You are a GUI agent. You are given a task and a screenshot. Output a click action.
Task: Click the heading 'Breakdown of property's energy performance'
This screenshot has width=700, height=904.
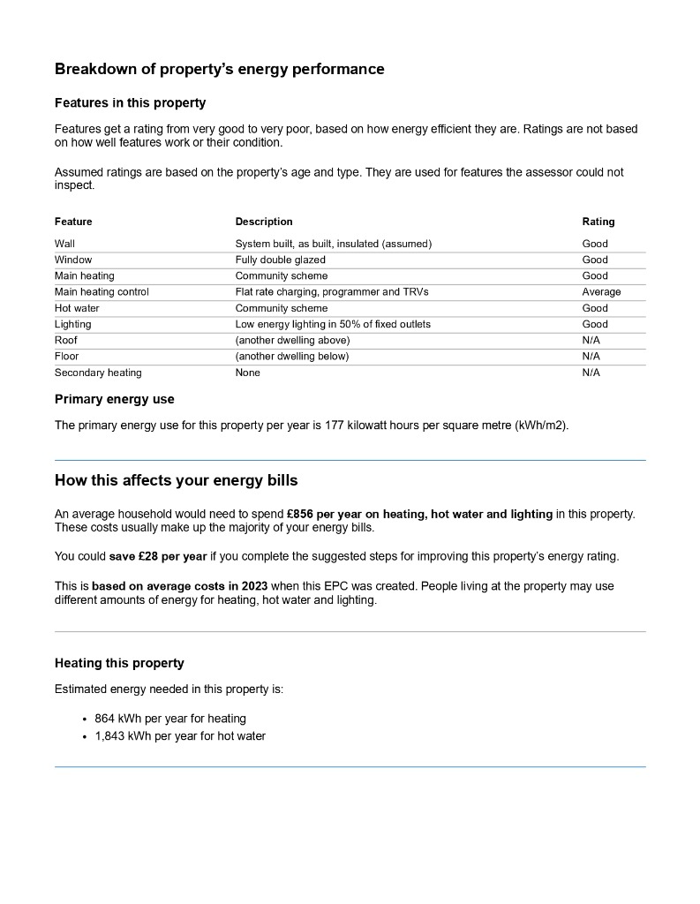point(219,69)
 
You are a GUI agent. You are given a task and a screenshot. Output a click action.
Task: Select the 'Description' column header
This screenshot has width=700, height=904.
point(263,222)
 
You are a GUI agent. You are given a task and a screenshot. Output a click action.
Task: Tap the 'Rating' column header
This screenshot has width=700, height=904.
point(598,222)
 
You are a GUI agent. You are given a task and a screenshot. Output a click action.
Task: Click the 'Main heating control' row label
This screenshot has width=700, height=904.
point(102,292)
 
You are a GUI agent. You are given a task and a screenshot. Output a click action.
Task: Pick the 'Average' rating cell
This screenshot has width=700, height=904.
point(601,292)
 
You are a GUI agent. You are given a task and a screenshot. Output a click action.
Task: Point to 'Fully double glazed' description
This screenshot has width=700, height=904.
point(280,260)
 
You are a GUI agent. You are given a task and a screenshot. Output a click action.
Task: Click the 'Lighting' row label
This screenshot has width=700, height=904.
point(72,325)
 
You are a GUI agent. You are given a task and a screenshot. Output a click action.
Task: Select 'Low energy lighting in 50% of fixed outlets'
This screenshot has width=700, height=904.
point(333,325)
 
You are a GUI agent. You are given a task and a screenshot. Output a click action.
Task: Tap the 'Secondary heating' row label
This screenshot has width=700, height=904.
point(98,373)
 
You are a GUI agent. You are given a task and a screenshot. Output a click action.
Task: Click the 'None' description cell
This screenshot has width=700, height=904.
point(247,373)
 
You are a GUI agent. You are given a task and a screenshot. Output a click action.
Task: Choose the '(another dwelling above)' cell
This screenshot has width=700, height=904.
point(292,341)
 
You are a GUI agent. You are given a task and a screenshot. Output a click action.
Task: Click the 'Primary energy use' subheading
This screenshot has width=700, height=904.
point(114,400)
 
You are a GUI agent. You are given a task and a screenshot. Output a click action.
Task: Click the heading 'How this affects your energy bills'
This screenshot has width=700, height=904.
point(176,481)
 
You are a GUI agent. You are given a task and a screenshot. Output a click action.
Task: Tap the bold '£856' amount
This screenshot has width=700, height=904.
point(302,514)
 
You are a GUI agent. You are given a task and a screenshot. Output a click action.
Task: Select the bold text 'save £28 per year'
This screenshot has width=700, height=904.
point(157,556)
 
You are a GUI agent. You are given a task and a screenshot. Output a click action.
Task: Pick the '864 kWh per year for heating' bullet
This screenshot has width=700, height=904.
point(170,719)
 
